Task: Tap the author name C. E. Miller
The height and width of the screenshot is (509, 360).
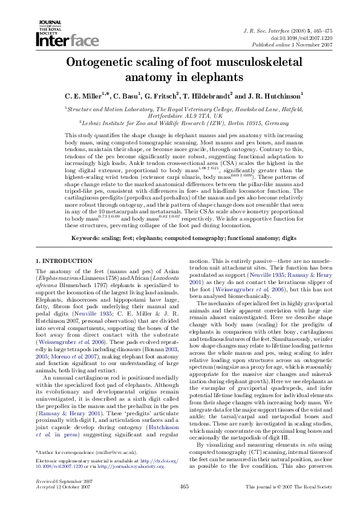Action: [87, 96]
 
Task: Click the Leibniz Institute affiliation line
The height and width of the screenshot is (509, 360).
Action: [180, 122]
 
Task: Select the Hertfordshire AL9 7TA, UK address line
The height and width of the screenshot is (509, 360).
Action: [180, 115]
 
